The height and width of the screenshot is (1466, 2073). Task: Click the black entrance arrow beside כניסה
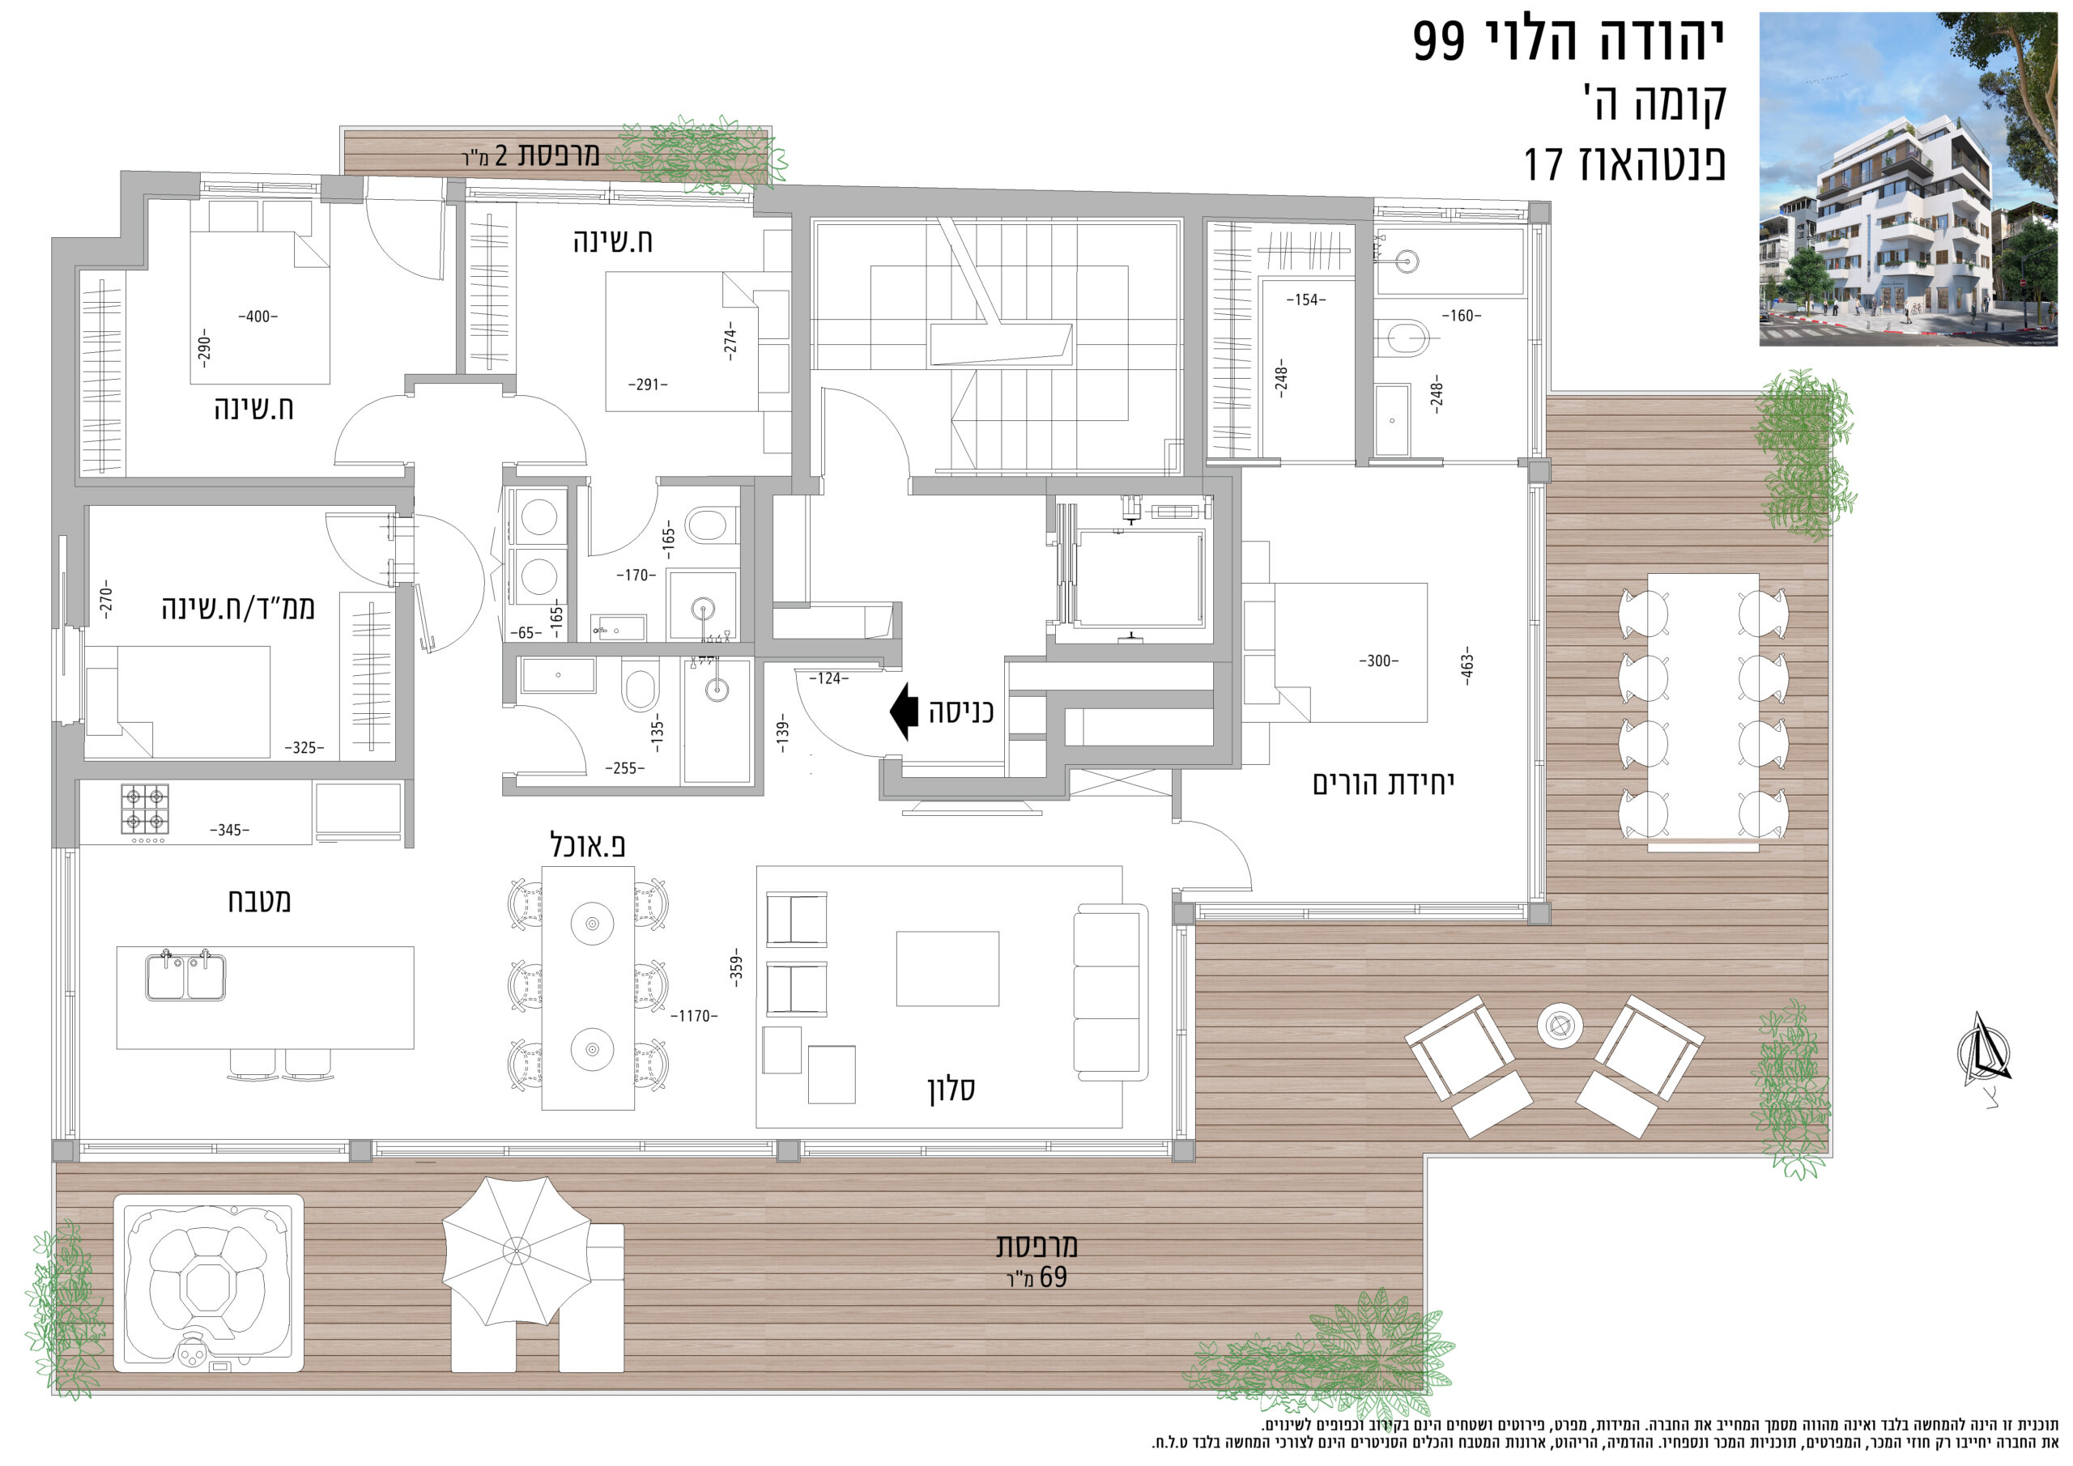click(904, 712)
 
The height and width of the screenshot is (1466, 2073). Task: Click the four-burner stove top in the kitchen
click(144, 808)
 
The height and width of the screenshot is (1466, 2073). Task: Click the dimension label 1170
click(694, 1017)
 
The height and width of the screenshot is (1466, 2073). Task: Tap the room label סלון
click(951, 1089)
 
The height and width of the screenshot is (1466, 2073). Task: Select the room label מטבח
click(259, 901)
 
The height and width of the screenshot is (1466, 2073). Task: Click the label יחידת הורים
click(1383, 784)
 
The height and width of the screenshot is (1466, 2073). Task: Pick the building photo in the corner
click(1908, 179)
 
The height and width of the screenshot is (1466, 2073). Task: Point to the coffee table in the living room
click(947, 969)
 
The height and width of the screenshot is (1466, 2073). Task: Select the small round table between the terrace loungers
click(1560, 1025)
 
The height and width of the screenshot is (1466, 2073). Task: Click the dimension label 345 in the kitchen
click(229, 830)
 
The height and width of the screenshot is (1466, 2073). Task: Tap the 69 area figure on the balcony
click(1054, 1277)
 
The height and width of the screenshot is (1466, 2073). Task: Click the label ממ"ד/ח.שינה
click(238, 607)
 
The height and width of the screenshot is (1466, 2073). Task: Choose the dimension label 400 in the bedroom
click(258, 317)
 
